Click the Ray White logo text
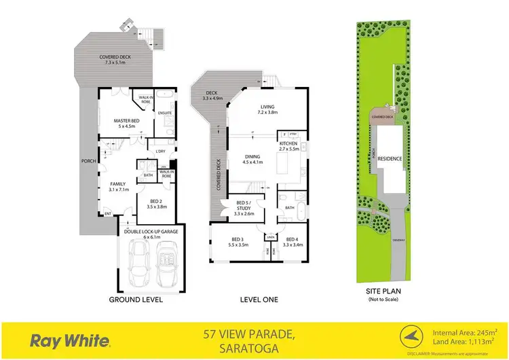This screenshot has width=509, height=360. tap(71, 340)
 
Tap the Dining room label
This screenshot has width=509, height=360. tap(252, 159)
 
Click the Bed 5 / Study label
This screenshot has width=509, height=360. tap(244, 208)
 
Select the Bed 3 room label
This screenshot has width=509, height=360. tap(238, 241)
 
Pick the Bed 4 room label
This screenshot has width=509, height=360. tap(291, 241)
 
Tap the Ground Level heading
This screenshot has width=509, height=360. tap(135, 299)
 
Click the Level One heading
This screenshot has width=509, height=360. tap(259, 299)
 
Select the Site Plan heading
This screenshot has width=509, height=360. tap(383, 293)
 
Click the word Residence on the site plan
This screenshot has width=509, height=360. tap(390, 159)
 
